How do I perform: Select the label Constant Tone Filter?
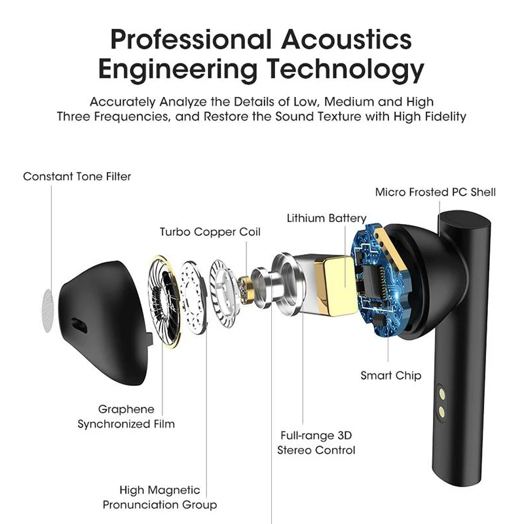(77, 176)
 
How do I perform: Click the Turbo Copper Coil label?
(210, 232)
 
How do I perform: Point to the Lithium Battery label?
(326, 217)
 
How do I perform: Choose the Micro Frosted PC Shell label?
(435, 192)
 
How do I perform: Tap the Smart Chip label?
(390, 375)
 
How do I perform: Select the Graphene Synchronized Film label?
(126, 416)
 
